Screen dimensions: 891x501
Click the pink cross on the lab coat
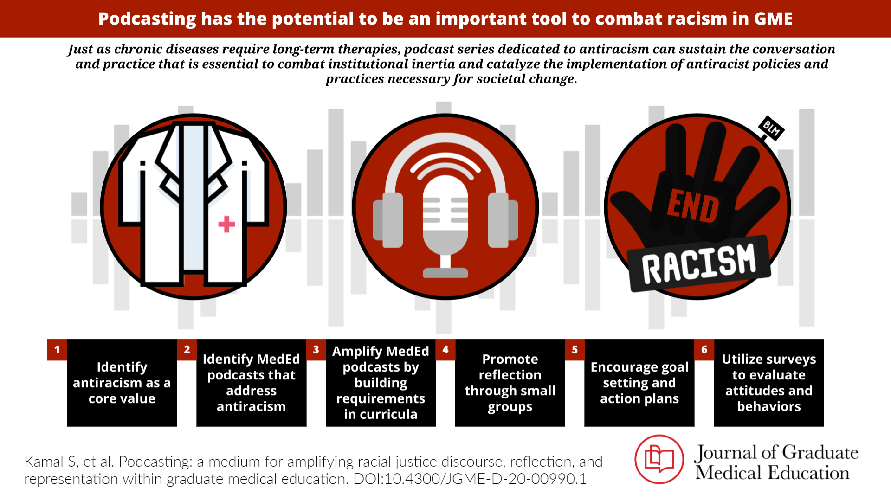coord(226,224)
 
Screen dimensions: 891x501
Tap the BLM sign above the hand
coord(771,128)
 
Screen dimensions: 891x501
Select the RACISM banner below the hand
coord(699,264)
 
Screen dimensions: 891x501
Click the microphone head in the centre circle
coord(445,215)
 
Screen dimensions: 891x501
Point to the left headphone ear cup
coord(388,220)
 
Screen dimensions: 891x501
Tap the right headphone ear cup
coord(503,220)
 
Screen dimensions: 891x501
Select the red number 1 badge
coord(57,349)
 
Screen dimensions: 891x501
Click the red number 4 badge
coord(445,349)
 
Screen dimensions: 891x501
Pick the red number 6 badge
coord(704,349)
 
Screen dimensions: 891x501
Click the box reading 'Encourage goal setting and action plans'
coord(639,383)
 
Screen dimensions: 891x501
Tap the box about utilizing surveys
coord(769,383)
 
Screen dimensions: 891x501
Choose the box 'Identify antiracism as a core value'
coord(122,383)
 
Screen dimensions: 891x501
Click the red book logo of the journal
coord(659,459)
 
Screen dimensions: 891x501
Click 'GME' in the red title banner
coord(773,19)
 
